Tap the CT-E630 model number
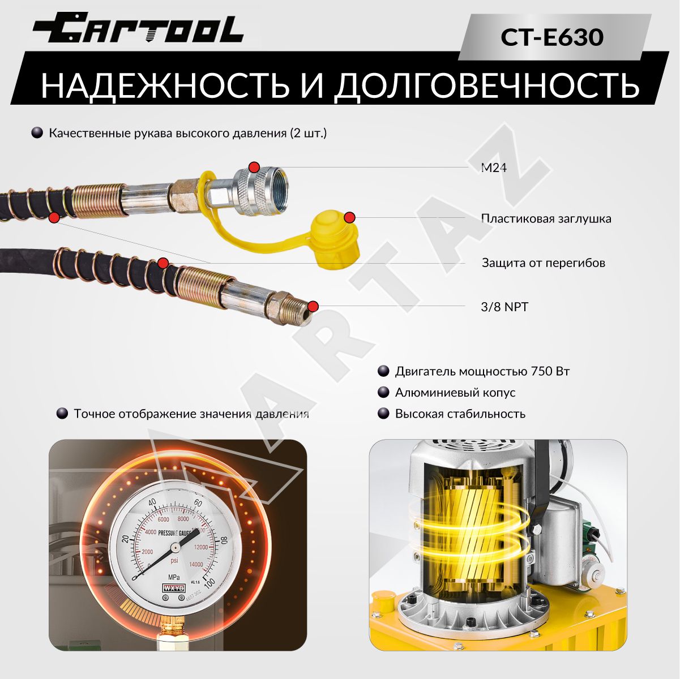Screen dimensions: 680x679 (552, 37)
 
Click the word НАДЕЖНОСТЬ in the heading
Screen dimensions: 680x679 (165, 85)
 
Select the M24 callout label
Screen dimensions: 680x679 (494, 167)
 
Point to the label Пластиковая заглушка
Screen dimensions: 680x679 (546, 218)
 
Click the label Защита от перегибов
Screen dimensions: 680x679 (544, 263)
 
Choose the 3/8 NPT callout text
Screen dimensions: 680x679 (504, 307)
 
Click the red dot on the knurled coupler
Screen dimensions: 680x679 (254, 167)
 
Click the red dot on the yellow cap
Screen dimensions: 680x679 (349, 218)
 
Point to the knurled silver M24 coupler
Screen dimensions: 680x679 (263, 191)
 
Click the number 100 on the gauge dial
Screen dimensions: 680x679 (209, 584)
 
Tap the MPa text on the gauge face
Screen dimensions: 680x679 (174, 577)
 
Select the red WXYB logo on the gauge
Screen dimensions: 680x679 (173, 588)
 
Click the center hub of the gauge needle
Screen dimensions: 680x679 (175, 547)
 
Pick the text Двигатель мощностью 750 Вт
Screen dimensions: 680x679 (482, 371)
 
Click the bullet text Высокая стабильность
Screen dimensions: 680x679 (460, 414)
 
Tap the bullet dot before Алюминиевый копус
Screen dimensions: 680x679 (383, 392)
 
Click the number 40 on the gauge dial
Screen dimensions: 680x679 (152, 503)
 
